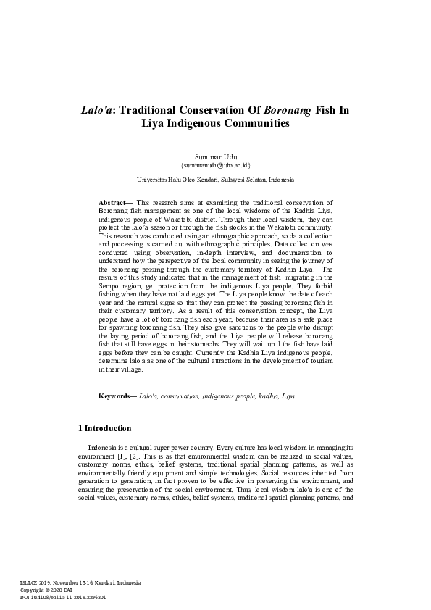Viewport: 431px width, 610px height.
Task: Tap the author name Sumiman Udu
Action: pyautogui.click(x=215, y=156)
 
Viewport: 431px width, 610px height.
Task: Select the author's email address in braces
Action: pyautogui.click(x=215, y=165)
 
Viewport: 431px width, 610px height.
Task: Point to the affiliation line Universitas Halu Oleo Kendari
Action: pyautogui.click(x=215, y=179)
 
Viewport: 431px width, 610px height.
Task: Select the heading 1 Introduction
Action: pyautogui.click(x=105, y=428)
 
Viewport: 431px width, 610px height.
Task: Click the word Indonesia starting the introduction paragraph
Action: pyautogui.click(x=104, y=450)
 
